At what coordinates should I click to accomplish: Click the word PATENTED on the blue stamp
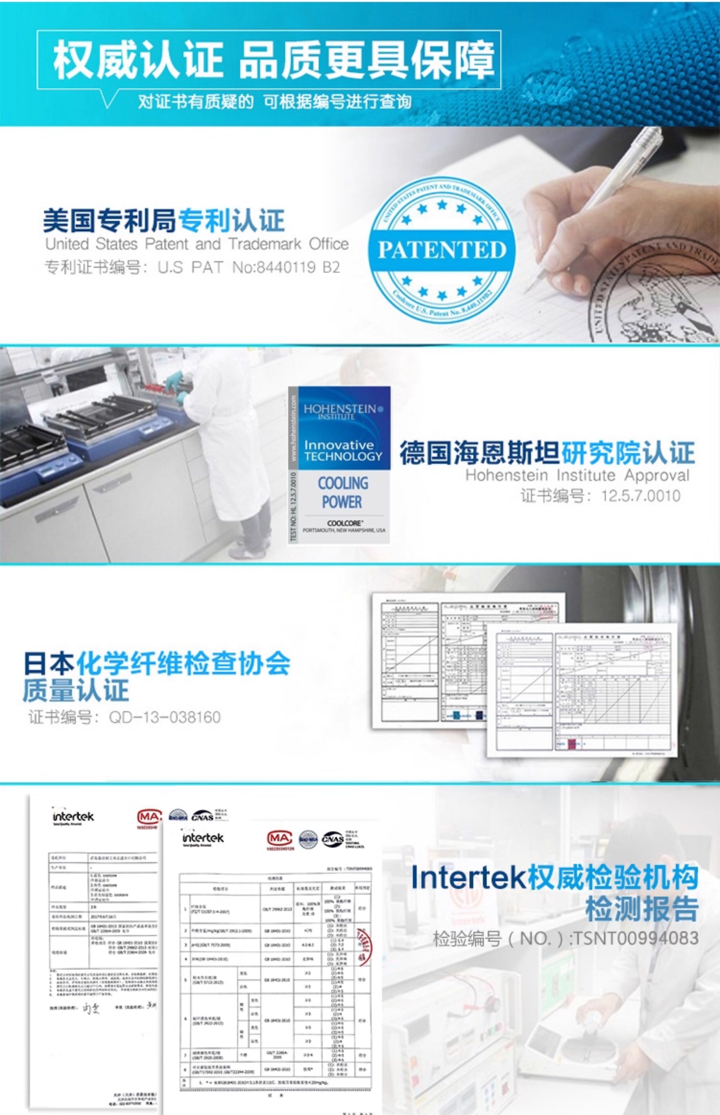click(442, 250)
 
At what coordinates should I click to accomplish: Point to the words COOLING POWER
click(343, 492)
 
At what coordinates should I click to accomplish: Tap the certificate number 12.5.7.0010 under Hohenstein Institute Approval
click(640, 496)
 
